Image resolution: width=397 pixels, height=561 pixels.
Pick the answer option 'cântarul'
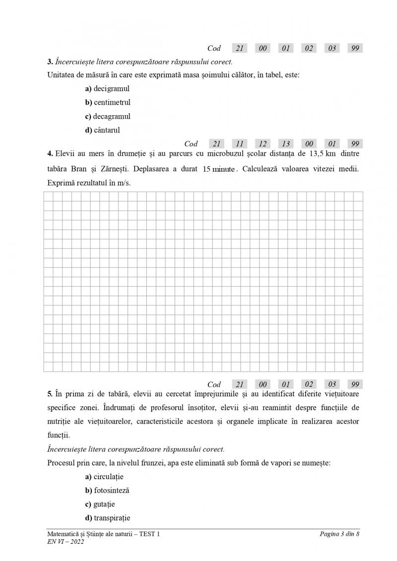pos(102,130)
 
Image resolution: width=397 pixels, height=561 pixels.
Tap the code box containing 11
pos(240,144)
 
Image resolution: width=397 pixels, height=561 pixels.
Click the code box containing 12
pos(263,144)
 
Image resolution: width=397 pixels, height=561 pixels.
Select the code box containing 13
pos(286,144)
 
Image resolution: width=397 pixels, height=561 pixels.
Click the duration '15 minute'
pos(219,169)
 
